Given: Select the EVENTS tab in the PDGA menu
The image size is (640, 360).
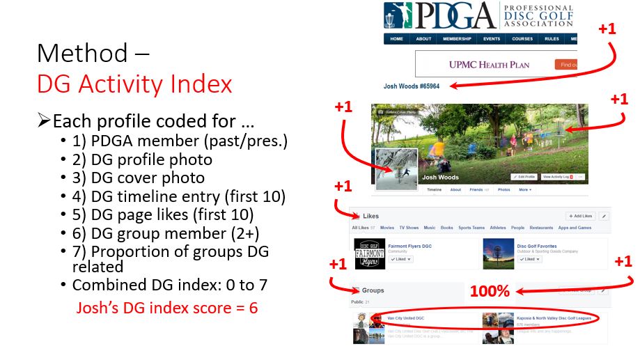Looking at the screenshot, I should coord(492,39).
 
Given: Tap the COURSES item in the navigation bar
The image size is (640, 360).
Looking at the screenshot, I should coord(522,39).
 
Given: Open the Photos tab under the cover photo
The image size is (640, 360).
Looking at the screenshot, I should coord(504,189).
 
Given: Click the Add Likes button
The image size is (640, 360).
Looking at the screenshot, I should coord(579,217).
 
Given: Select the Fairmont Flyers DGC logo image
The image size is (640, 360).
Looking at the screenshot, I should coord(370,253).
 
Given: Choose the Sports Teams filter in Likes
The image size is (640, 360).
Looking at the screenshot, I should coord(471,228).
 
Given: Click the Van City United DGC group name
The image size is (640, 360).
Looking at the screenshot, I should coord(406,318).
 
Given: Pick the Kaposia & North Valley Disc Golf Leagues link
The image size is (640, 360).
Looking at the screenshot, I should coord(555,318).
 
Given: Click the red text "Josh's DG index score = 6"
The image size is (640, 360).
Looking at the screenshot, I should coord(167,307).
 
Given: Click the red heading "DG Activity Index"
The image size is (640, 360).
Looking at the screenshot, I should coord(134,84).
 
